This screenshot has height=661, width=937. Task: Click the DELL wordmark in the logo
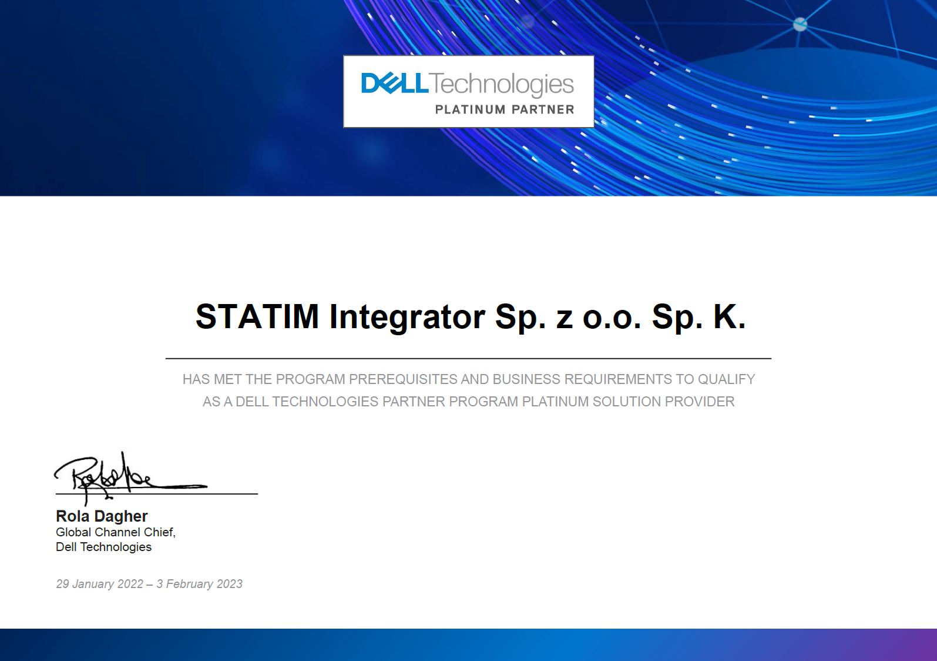point(394,84)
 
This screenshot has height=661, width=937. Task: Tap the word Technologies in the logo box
point(502,85)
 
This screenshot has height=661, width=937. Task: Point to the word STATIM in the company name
point(257,316)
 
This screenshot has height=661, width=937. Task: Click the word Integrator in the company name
point(408,318)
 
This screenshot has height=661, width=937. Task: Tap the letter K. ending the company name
point(729,316)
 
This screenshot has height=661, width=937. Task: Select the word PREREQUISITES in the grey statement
point(404,379)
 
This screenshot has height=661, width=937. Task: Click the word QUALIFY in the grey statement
point(726,379)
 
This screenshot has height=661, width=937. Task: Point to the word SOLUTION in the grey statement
point(627,402)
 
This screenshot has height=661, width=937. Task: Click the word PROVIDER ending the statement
point(700,402)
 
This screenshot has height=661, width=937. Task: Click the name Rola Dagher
point(102,516)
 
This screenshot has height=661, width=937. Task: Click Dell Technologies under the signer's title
point(104,547)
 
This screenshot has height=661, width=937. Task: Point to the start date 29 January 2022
point(99,584)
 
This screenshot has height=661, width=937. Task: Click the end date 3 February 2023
point(200,584)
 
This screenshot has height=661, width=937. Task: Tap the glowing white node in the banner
point(800,24)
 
